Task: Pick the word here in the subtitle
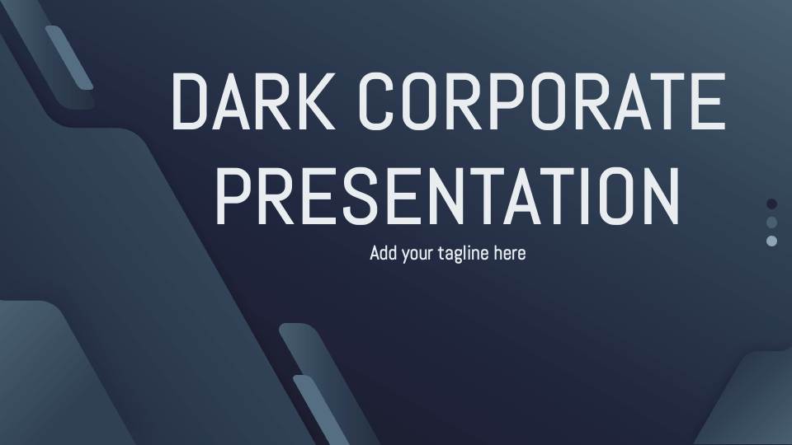click(x=509, y=253)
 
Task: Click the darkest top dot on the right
click(x=772, y=204)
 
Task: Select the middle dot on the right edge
click(x=772, y=222)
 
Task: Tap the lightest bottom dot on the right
click(x=772, y=241)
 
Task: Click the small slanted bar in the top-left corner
click(x=69, y=57)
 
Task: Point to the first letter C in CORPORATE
click(x=383, y=101)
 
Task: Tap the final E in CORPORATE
click(x=707, y=101)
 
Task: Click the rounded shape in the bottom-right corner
click(x=751, y=404)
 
